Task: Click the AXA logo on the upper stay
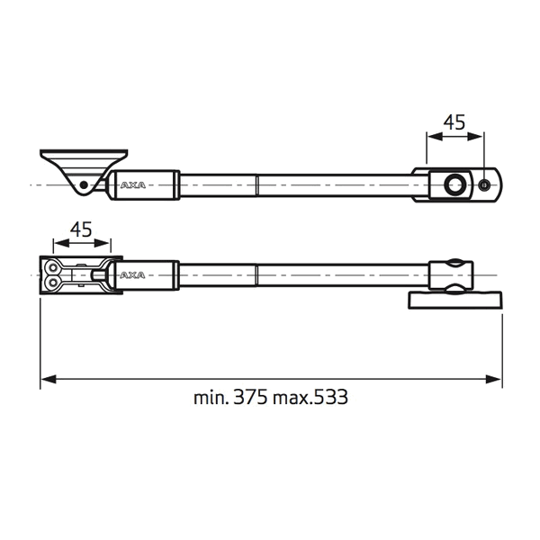click(133, 185)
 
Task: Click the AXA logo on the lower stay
click(133, 275)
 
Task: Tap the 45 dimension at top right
click(454, 122)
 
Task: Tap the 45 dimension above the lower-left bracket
click(81, 229)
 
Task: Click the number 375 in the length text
click(250, 397)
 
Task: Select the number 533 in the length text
click(330, 397)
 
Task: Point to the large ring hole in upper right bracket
click(454, 184)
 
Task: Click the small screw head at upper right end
click(484, 184)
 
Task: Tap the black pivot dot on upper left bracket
click(84, 185)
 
